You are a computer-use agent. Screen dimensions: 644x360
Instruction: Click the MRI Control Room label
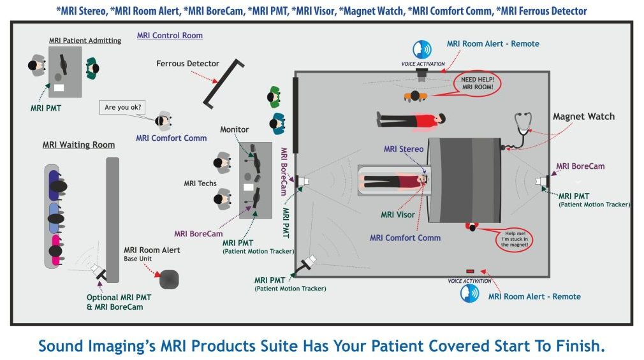click(x=170, y=36)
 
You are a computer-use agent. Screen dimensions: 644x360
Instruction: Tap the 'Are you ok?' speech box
click(x=122, y=107)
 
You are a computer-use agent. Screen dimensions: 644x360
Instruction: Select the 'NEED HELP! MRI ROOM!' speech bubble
click(x=477, y=83)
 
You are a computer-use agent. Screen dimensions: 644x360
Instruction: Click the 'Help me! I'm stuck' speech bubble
click(x=514, y=240)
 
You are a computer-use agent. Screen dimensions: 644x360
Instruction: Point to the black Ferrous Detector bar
click(x=223, y=83)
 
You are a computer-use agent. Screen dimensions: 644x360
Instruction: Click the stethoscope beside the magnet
click(x=519, y=131)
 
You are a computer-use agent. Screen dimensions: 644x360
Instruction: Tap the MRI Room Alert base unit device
click(x=169, y=280)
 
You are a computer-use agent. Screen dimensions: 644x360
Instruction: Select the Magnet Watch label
click(x=583, y=117)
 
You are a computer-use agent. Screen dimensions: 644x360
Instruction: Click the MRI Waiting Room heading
click(x=79, y=145)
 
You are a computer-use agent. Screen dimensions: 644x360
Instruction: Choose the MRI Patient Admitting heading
click(x=85, y=40)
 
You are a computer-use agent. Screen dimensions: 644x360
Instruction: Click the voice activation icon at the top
click(x=422, y=50)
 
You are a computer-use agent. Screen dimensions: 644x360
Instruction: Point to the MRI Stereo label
click(x=404, y=149)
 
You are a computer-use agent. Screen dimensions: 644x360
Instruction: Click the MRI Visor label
click(x=398, y=215)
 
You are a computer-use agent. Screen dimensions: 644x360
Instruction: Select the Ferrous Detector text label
click(x=187, y=64)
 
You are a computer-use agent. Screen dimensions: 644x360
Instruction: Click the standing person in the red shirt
click(x=411, y=120)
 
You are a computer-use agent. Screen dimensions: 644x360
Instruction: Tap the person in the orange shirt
click(x=415, y=96)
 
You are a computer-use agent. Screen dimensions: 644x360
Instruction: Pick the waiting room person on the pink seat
click(x=55, y=250)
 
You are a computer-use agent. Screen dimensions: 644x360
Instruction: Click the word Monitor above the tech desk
click(x=235, y=129)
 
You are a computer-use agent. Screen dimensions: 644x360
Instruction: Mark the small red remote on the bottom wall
click(x=471, y=271)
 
